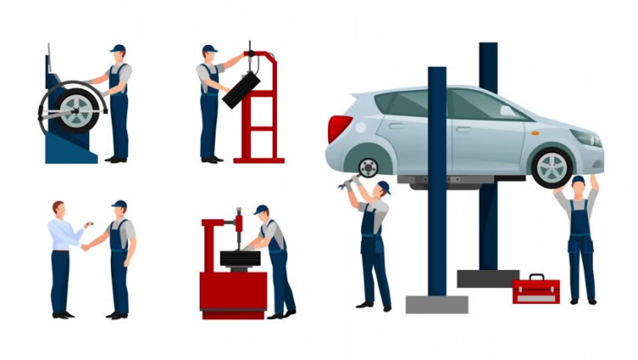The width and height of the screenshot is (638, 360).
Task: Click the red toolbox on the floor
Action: [x=536, y=290]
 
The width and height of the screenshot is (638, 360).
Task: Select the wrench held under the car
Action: [x=350, y=183]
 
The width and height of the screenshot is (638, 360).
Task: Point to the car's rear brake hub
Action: [x=369, y=167]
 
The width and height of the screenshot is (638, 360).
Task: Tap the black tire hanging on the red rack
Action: [x=241, y=90]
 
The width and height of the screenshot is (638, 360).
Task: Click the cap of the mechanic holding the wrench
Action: [x=383, y=187]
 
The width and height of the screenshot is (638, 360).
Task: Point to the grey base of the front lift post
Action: [x=437, y=304]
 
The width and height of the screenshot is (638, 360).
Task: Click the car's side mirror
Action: [x=518, y=115]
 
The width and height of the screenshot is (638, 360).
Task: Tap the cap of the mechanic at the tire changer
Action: [x=261, y=209]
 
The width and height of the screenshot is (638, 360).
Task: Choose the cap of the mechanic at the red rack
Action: [x=208, y=49]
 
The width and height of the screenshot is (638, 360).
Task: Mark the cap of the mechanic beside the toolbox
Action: [x=577, y=180]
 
